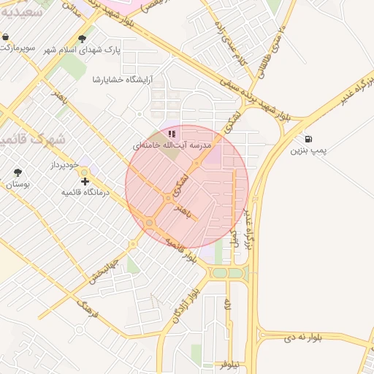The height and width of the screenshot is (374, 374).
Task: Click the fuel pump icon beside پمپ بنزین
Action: pos(310,139)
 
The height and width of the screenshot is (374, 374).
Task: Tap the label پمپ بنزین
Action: pos(307,151)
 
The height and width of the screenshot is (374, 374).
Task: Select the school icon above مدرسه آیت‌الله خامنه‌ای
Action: pos(172,134)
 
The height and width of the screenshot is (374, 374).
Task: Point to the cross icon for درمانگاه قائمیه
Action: pos(85,180)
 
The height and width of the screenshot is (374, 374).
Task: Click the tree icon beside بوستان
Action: pos(18,172)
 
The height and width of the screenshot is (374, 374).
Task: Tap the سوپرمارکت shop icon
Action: pos(6,37)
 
